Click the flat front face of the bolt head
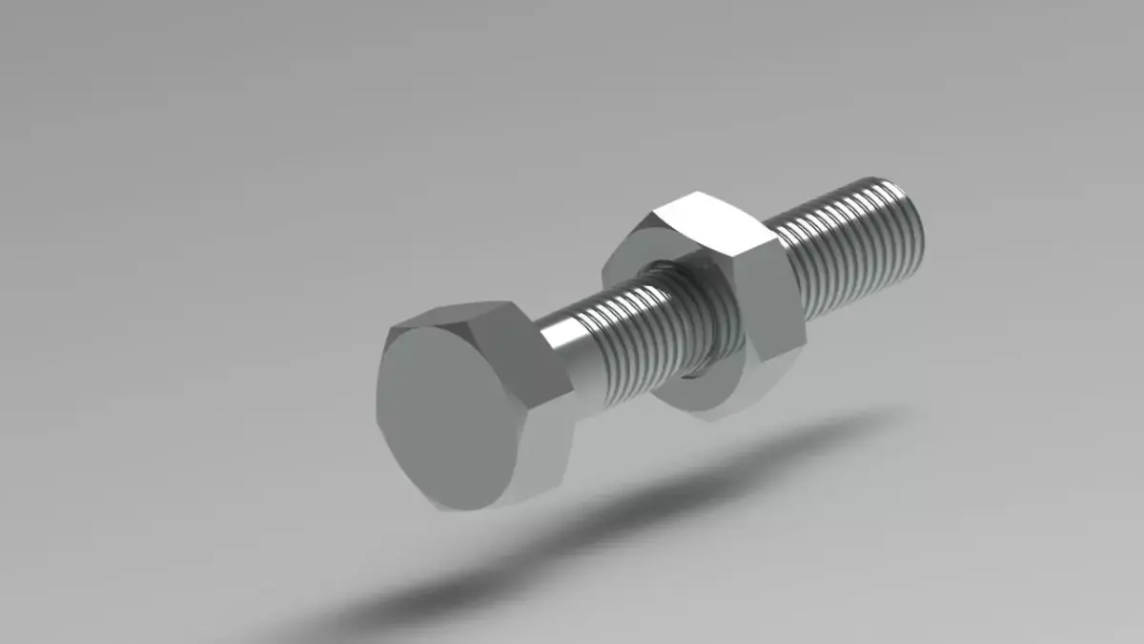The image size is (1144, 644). [x=448, y=410]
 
